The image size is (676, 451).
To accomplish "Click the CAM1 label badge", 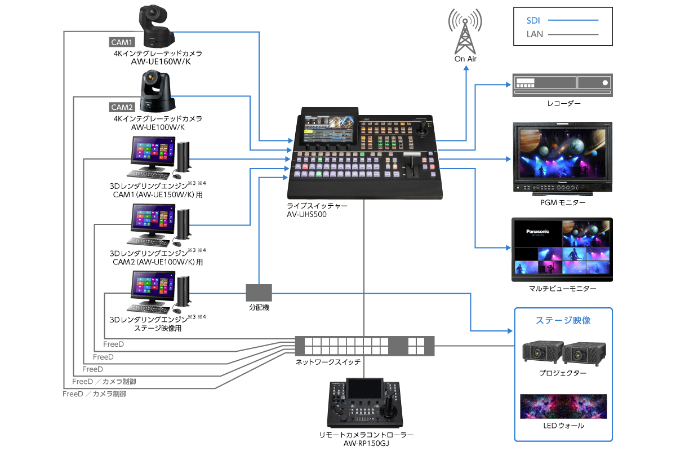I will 121,42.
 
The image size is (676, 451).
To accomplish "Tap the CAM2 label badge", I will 121,107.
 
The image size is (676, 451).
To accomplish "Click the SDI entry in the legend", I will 533,20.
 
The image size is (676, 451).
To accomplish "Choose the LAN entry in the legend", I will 535,34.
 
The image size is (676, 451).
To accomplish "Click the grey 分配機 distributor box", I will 259,293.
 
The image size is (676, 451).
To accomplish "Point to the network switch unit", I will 365,345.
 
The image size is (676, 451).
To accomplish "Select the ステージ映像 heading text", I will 564,320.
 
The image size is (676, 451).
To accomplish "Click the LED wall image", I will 564,405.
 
